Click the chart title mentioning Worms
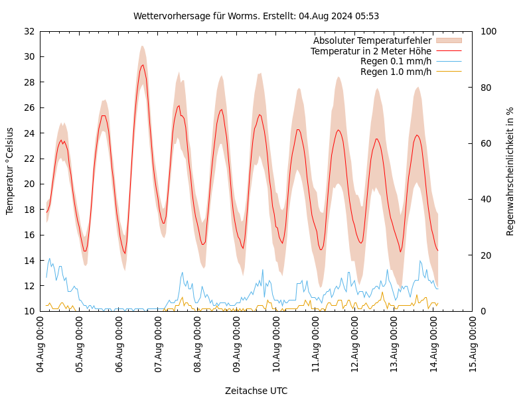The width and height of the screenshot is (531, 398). point(256,16)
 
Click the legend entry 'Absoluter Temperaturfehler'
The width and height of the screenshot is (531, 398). point(372,41)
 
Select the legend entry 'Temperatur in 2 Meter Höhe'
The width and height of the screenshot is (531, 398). point(370,51)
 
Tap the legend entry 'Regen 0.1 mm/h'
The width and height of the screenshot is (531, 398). point(396,61)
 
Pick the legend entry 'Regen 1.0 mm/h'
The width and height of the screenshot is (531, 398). point(396,72)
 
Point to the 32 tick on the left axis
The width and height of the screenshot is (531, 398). point(29,31)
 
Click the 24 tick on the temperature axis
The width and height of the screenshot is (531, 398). point(29,133)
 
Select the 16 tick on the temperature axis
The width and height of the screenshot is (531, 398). point(29,235)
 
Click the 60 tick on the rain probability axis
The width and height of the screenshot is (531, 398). point(485,143)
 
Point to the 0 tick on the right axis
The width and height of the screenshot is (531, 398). point(483,311)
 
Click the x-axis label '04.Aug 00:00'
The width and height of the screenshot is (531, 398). point(40,345)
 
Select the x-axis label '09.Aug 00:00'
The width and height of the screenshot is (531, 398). point(237,345)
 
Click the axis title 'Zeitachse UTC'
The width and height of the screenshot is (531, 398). point(256,391)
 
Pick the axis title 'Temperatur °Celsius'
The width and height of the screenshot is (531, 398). point(10,171)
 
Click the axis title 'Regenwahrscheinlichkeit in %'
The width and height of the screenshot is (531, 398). point(510,171)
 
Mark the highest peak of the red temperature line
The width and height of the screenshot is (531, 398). point(142,64)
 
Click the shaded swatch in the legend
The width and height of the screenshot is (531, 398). point(448,41)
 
